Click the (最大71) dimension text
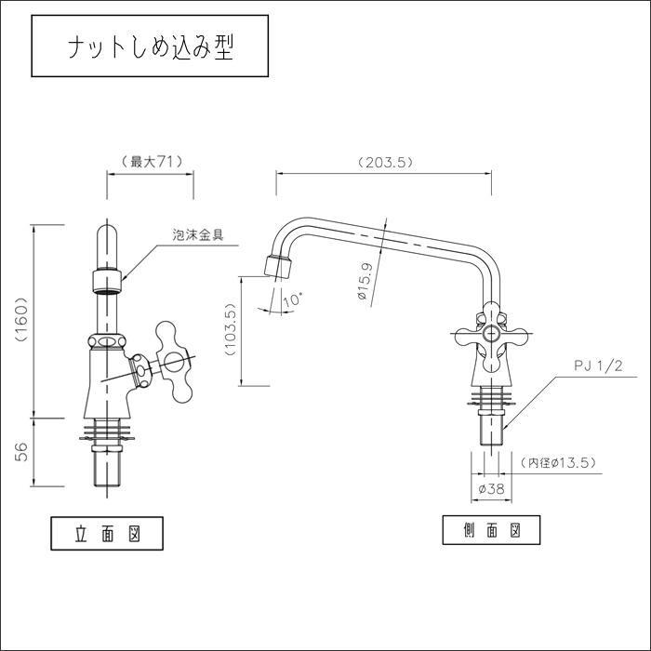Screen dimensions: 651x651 151,161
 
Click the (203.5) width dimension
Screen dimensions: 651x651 385,162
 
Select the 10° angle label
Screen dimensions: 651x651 291,299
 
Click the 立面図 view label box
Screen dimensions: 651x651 107,536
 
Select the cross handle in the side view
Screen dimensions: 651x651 489,335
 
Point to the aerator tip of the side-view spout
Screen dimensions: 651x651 276,265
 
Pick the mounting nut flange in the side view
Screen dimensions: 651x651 490,398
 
